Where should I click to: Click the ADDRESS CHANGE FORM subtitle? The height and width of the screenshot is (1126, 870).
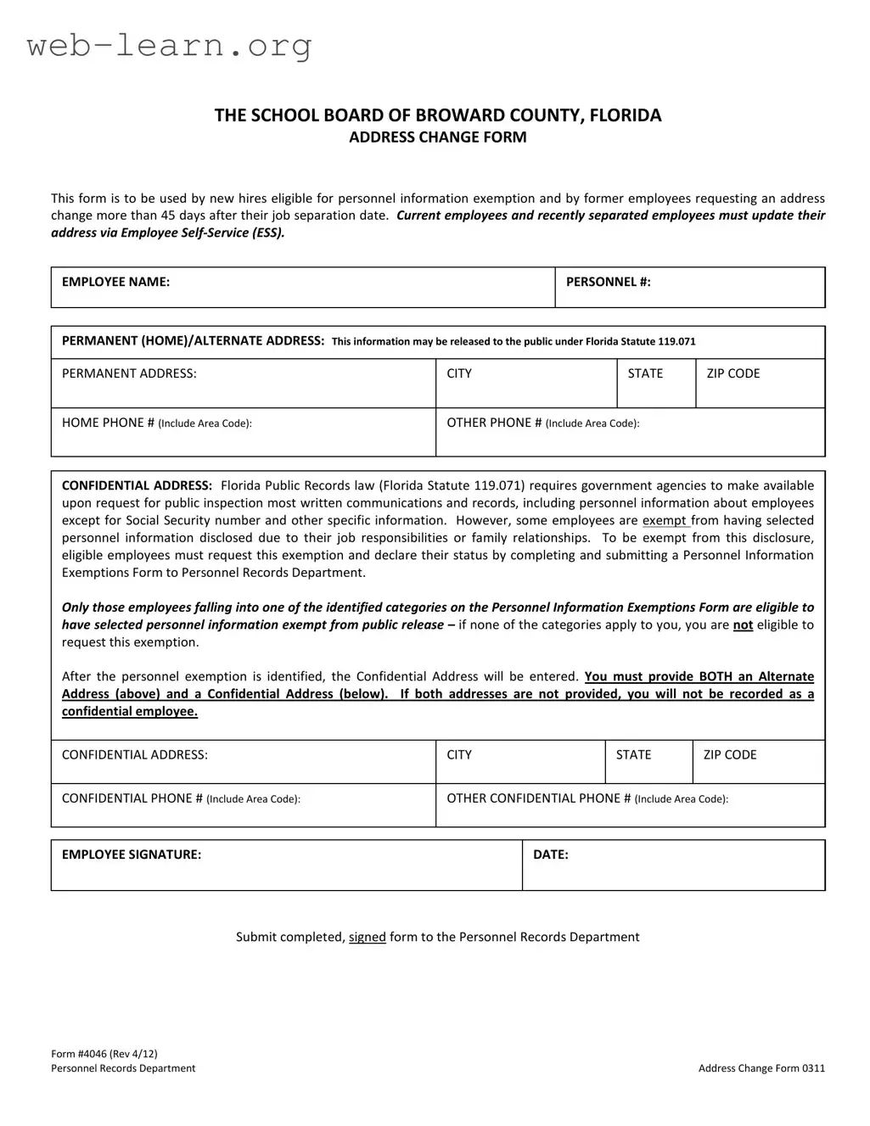coord(437,137)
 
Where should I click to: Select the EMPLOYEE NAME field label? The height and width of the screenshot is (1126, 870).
coord(115,282)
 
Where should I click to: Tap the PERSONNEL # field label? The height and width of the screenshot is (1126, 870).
coord(608,282)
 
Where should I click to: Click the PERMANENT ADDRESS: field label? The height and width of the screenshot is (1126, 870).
coord(129,373)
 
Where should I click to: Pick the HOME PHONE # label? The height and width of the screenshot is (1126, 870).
coord(156,423)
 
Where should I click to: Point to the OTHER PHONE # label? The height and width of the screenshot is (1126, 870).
coord(542,423)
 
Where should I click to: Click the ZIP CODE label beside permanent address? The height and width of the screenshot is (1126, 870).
coord(732,373)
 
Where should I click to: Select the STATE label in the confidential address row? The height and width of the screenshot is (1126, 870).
coord(633,754)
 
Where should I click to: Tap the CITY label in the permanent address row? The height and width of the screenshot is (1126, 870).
coord(459,373)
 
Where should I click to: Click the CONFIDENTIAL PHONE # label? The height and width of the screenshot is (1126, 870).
coord(181,798)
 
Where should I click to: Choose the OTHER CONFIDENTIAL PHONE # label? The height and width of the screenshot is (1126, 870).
coord(587,798)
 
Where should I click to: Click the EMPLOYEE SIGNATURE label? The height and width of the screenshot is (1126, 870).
coord(132,854)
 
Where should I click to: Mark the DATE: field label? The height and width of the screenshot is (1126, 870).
coord(550,854)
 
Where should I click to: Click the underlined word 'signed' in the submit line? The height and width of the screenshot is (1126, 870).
coord(367,937)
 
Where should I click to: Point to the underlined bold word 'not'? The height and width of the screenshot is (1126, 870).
coord(743,625)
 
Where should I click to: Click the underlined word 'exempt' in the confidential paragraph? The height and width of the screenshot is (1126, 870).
coord(664,520)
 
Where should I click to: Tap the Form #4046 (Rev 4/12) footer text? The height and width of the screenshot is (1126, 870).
coord(104,1054)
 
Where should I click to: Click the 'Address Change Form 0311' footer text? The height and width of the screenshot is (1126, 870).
coord(761,1068)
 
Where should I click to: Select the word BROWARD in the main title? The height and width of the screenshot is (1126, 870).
coord(454,115)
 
